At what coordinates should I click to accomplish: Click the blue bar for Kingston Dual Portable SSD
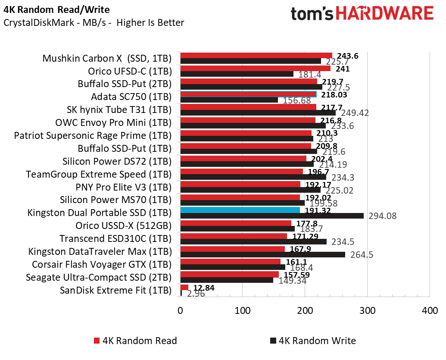[x=240, y=210]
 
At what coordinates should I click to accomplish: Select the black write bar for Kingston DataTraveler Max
[x=263, y=254]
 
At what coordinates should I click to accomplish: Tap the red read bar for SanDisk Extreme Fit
[x=184, y=287]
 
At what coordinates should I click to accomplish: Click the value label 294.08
[x=383, y=216]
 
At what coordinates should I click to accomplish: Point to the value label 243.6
[x=348, y=56]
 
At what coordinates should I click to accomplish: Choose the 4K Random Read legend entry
[x=135, y=341]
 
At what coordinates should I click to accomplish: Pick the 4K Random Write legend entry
[x=313, y=341]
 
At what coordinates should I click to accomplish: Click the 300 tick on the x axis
[x=368, y=310]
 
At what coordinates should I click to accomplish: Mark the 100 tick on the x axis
[x=243, y=310]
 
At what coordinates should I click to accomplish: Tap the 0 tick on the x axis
[x=181, y=310]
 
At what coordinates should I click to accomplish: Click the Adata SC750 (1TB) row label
[x=131, y=97]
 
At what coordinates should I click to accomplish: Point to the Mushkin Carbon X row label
[x=107, y=59]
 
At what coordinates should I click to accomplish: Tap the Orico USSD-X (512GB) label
[x=123, y=225]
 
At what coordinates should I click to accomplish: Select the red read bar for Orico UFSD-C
[x=256, y=68]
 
